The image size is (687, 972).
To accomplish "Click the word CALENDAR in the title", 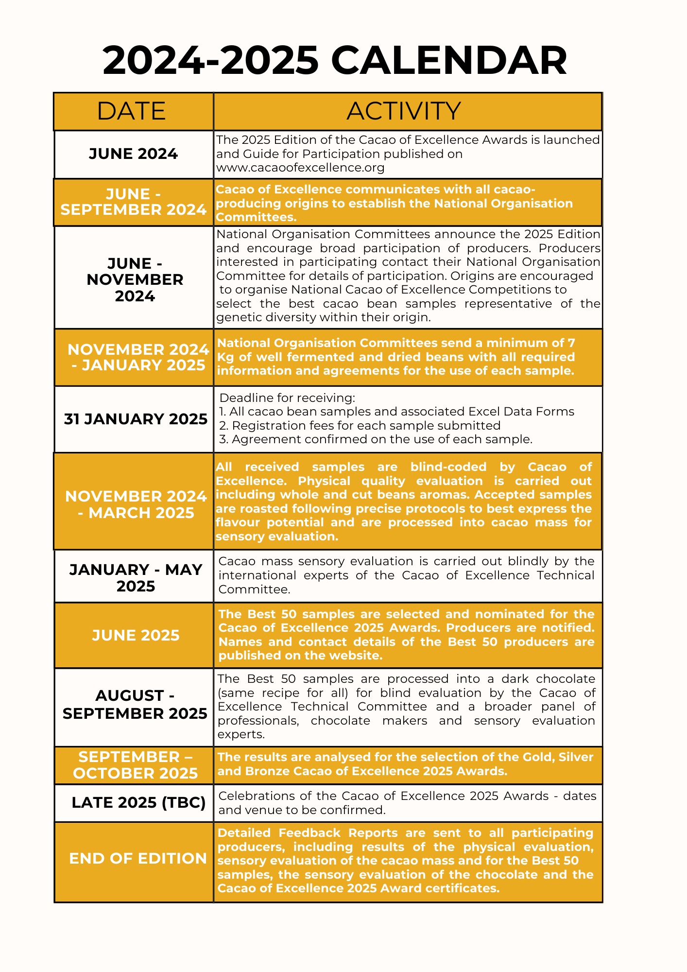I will [x=449, y=61].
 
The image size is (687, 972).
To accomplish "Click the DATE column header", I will [x=131, y=111].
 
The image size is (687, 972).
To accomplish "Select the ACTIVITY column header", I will [x=404, y=111].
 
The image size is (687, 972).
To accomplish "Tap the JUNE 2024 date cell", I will [x=134, y=154].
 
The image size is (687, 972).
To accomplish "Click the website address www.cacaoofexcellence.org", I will [x=300, y=168].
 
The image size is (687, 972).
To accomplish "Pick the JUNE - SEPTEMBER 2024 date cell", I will [x=134, y=202].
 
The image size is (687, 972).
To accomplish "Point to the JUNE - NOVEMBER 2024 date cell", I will [x=135, y=279].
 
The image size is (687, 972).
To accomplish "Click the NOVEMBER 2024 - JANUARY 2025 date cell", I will [x=138, y=357].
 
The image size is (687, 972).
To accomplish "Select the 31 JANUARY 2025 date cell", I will [x=136, y=419].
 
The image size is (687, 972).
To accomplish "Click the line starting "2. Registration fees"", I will [x=360, y=426].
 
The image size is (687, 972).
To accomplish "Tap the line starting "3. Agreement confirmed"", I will [x=376, y=439].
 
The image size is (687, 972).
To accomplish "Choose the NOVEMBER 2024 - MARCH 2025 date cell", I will [x=136, y=504].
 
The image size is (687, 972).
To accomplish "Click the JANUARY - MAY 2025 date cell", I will [x=136, y=577].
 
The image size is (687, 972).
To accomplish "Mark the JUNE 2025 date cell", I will [x=136, y=635].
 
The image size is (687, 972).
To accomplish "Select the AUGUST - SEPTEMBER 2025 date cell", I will [x=135, y=705].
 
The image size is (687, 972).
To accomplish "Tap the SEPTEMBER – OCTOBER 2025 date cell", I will [x=136, y=765].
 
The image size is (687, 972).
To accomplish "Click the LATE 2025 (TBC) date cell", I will [x=138, y=802].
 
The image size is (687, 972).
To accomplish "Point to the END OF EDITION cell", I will [x=138, y=858].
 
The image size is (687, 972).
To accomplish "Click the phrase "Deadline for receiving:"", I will [x=287, y=398].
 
